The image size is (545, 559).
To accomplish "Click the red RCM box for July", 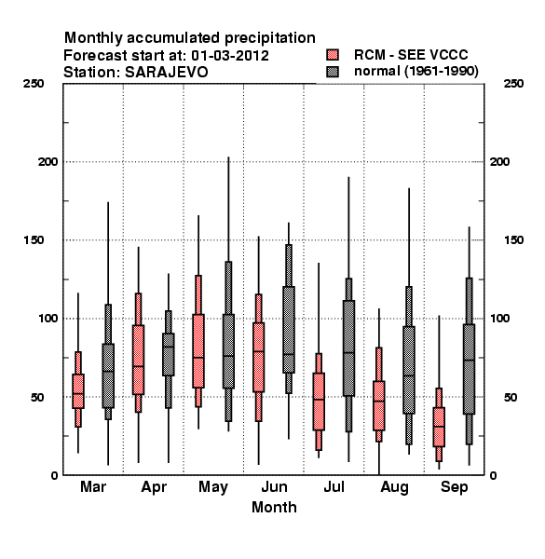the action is (319, 402).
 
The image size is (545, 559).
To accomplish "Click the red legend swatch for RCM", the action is (333, 55).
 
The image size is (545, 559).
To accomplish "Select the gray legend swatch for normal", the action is (333, 72).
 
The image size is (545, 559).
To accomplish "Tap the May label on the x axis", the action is (213, 487).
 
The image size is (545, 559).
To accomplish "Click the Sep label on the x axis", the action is (454, 487).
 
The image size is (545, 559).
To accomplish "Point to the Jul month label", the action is (334, 486).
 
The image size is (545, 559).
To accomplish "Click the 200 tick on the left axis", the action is (48, 161).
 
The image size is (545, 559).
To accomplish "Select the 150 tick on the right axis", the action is (513, 240).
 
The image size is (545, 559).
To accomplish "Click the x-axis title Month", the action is (274, 508).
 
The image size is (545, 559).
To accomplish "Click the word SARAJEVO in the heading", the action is (166, 73).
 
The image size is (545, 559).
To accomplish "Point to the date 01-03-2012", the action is (230, 56).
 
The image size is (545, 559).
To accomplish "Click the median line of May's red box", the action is (198, 357).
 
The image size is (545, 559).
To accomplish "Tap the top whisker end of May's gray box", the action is (228, 157).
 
